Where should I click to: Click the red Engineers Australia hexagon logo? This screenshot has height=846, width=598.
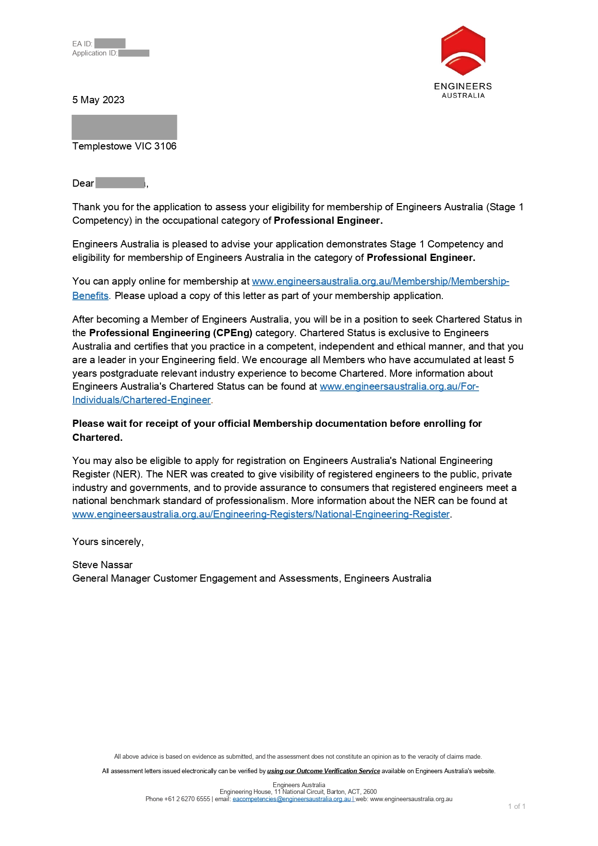[x=463, y=51]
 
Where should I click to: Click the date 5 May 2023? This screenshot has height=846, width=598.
[x=98, y=100]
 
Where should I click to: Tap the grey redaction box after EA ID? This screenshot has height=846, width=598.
[x=110, y=43]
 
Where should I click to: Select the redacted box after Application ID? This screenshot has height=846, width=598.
[x=133, y=53]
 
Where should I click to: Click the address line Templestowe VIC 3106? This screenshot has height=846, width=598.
[x=124, y=146]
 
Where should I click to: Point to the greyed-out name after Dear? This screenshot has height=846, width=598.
[x=120, y=183]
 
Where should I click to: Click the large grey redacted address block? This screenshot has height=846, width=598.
[x=124, y=127]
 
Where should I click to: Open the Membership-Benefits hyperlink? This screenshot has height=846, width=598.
[x=380, y=281]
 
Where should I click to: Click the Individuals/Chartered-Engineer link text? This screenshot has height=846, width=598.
[x=141, y=400]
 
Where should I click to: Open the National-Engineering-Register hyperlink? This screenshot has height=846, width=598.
[x=261, y=514]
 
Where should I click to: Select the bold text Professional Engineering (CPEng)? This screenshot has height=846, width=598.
[x=171, y=333]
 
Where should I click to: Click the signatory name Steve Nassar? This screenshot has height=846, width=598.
[x=102, y=565]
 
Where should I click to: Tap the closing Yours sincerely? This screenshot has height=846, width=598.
[x=108, y=542]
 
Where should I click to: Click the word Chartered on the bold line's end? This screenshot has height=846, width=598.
[x=97, y=437]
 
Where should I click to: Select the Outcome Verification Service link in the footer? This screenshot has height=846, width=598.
[x=323, y=771]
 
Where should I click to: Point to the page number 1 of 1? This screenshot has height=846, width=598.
[x=517, y=806]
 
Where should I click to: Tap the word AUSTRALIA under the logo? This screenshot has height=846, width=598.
[x=463, y=96]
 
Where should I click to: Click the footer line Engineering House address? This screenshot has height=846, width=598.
[x=298, y=791]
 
